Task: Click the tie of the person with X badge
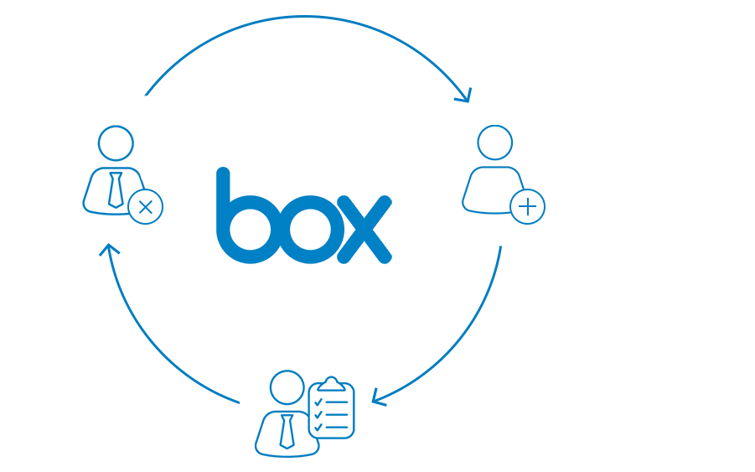(115, 189)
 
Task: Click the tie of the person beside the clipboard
(287, 432)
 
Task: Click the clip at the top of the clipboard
(331, 384)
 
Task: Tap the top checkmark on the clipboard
(318, 402)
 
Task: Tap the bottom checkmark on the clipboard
(318, 428)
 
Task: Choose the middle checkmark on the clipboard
(318, 415)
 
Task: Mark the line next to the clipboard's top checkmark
(337, 402)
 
